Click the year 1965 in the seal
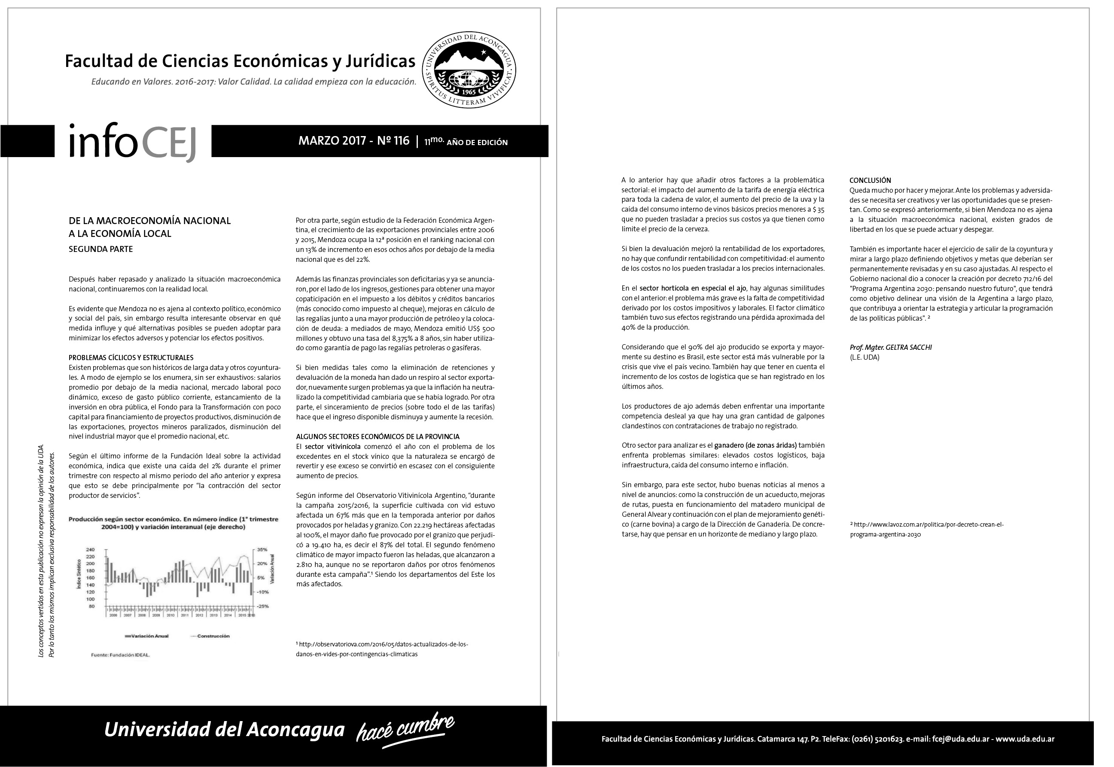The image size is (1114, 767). (x=469, y=91)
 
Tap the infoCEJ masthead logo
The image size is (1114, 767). (x=132, y=142)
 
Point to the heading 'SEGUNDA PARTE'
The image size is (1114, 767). (x=100, y=249)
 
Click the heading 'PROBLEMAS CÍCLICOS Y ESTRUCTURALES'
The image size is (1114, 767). (x=131, y=358)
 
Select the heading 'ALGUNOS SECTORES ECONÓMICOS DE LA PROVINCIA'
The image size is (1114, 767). (x=377, y=437)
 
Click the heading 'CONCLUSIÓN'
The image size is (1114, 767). (x=870, y=180)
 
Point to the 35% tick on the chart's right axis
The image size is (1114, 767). (x=262, y=549)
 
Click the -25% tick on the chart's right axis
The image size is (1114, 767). (x=262, y=606)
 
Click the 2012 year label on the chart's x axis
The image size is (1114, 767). (x=199, y=615)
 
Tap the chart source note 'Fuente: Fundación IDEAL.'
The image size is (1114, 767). (x=120, y=655)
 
